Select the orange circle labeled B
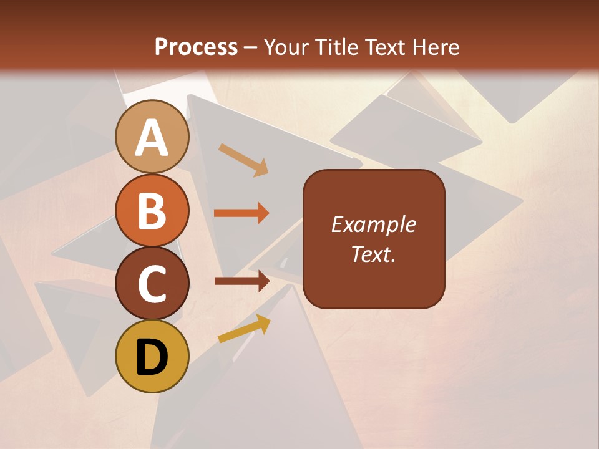[x=152, y=210]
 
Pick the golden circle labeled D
[x=152, y=356]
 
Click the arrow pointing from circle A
[x=243, y=160]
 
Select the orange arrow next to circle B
[x=241, y=213]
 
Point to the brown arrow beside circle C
[x=241, y=281]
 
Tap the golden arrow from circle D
[x=244, y=328]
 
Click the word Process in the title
[x=196, y=47]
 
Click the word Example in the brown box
[x=373, y=224]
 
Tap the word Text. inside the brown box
[x=373, y=254]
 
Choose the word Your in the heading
[x=287, y=47]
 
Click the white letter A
[x=152, y=138]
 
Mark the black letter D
[x=152, y=357]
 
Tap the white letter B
[x=152, y=211]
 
